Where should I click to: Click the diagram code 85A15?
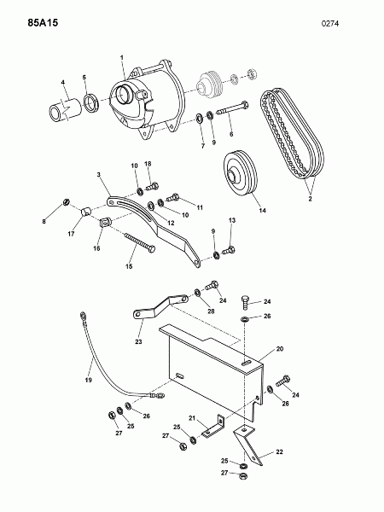point(43,23)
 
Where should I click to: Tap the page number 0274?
point(330,24)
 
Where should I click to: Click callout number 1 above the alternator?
point(122,58)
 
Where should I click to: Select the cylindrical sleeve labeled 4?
point(66,109)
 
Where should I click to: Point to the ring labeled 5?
point(91,102)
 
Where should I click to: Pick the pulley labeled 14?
point(241,173)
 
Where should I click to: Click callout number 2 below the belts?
point(311,199)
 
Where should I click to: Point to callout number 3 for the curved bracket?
point(99,175)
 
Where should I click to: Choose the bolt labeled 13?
point(229,251)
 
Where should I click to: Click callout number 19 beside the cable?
point(89,380)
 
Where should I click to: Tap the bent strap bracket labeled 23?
point(160,306)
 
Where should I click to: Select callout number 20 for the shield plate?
point(280,349)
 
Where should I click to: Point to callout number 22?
point(279,452)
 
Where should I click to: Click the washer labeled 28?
point(198,293)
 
